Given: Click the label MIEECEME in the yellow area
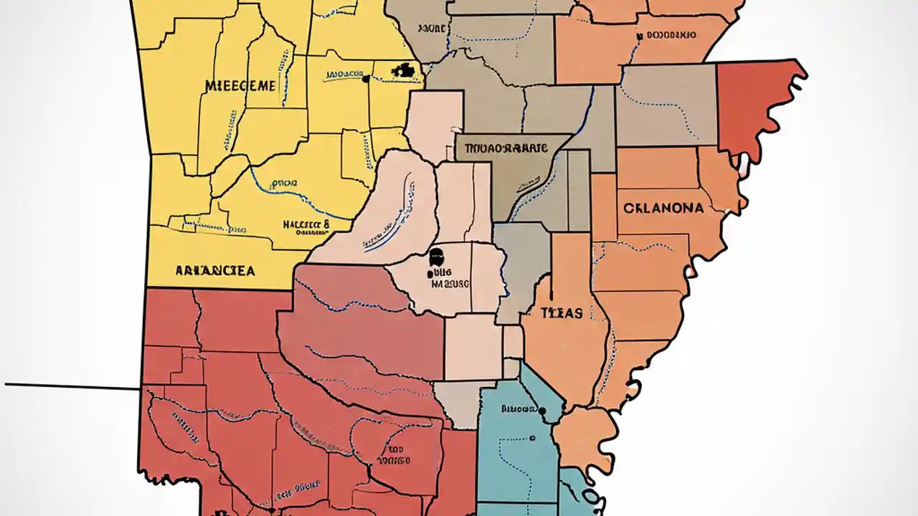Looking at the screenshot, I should tap(240, 86).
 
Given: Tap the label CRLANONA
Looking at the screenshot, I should tap(663, 208).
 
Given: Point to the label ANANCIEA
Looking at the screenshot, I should tap(214, 271).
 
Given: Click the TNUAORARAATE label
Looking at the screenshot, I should tap(506, 149).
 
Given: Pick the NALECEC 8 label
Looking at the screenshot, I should tap(306, 224).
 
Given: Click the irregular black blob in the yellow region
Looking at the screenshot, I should tap(404, 70).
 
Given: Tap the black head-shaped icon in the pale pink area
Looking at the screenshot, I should tap(435, 258).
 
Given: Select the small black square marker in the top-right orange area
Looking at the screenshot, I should tap(638, 35).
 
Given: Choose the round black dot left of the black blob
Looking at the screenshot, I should tap(366, 79).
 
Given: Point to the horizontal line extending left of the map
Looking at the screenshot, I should tap(72, 387).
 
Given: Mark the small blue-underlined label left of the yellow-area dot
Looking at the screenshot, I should tap(343, 75).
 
